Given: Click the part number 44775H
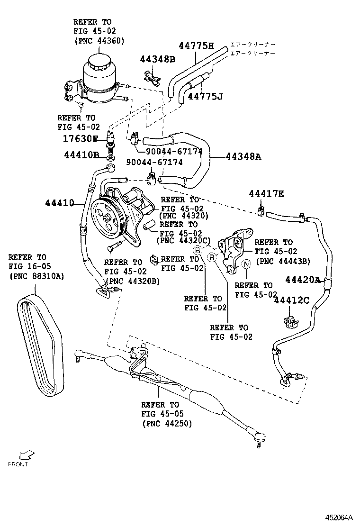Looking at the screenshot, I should [196, 46].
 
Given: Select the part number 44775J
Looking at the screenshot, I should [205, 96].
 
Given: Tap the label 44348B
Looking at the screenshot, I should [157, 59].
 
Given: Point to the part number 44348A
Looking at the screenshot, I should [243, 156].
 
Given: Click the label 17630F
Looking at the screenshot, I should [81, 138].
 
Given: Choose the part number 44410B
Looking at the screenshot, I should [82, 155].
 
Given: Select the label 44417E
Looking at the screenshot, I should [267, 193].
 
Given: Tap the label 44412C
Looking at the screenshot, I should [291, 300].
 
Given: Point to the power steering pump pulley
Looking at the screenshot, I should [108, 219].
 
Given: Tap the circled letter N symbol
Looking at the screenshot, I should [246, 264].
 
